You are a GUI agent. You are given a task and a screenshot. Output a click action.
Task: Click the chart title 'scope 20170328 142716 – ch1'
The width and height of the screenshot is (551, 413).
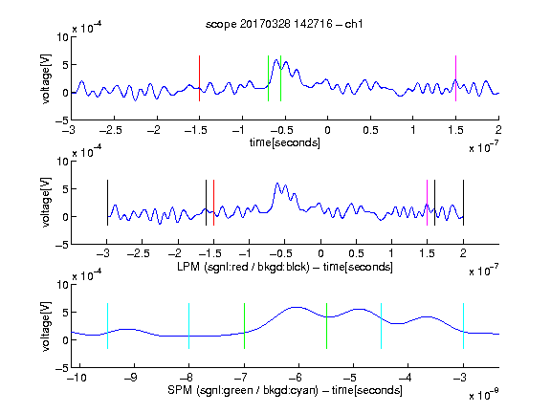(x=284, y=24)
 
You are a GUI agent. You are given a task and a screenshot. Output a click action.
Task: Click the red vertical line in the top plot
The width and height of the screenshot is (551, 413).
(x=199, y=78)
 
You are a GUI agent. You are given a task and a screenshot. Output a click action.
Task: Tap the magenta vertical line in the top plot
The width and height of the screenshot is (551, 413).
(x=455, y=78)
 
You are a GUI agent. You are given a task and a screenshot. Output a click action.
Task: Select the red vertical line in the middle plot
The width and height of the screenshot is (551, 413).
(x=213, y=203)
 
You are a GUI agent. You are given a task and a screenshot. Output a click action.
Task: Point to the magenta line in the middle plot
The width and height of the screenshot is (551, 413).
(x=427, y=203)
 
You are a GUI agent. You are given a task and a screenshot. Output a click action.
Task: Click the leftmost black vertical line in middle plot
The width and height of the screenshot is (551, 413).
(x=107, y=203)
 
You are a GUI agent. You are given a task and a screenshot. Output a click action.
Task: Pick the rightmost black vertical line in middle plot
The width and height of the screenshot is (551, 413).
(x=463, y=203)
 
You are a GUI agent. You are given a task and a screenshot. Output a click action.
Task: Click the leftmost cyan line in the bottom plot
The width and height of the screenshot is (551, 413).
(x=107, y=326)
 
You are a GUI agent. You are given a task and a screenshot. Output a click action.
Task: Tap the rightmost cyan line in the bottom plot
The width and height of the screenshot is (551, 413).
(x=463, y=326)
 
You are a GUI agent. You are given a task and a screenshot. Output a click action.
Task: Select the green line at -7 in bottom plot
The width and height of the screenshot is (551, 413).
(x=244, y=326)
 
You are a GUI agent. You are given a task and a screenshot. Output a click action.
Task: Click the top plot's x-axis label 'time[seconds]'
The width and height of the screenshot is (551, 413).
(x=285, y=142)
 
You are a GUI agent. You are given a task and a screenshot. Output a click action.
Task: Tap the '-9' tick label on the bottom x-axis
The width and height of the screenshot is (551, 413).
(x=131, y=378)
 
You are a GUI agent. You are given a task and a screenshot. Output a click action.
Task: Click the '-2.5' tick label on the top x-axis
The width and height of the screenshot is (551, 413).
(x=110, y=130)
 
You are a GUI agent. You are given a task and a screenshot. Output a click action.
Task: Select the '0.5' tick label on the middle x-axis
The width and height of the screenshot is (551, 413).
(x=356, y=253)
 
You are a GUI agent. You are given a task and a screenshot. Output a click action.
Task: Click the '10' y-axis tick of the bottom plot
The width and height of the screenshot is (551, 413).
(x=63, y=285)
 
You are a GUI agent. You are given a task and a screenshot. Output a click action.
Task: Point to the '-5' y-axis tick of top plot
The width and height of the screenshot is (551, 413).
(x=62, y=120)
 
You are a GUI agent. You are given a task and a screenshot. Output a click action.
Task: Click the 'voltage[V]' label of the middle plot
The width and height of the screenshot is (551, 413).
(x=46, y=203)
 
